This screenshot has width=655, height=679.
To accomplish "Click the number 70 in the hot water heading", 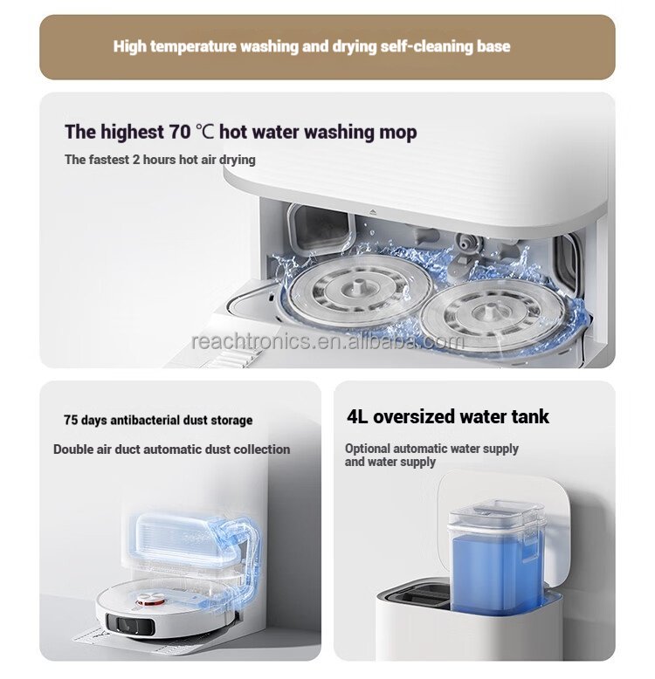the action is tap(179, 132).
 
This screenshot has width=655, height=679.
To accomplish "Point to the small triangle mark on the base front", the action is tap(373, 213).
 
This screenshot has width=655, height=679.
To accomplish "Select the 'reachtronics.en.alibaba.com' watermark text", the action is tap(327, 341).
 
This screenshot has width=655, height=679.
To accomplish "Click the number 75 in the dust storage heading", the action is tap(71, 420).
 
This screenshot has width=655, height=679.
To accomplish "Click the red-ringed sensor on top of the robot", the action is tap(151, 600).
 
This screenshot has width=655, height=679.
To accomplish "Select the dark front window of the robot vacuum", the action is tap(130, 624).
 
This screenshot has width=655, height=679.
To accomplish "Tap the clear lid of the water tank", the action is tap(495, 514).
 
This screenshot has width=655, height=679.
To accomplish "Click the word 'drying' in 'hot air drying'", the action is tap(237, 160).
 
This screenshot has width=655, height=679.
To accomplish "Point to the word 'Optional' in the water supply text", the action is tap(368, 449).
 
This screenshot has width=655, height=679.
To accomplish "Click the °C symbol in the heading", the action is tap(204, 132).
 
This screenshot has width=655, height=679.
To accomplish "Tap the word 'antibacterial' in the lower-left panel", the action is tap(145, 420).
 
